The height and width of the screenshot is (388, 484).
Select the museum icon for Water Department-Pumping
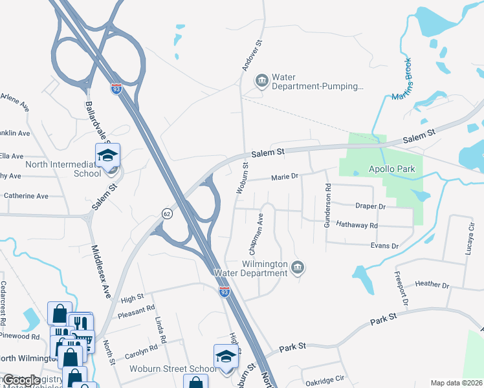click(x=262, y=80)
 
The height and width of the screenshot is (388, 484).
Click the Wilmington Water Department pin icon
click(x=297, y=268)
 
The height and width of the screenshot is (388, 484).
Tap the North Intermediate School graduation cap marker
click(x=107, y=155)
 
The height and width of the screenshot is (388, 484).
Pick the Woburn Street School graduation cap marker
click(x=226, y=356)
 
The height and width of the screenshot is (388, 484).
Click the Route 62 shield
click(x=166, y=213)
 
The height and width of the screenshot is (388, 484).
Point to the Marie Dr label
click(x=284, y=177)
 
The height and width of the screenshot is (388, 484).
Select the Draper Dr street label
click(x=370, y=206)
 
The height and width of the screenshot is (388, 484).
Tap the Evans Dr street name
click(x=384, y=246)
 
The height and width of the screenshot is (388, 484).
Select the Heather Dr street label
click(x=432, y=285)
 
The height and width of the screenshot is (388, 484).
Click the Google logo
click(x=21, y=380)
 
